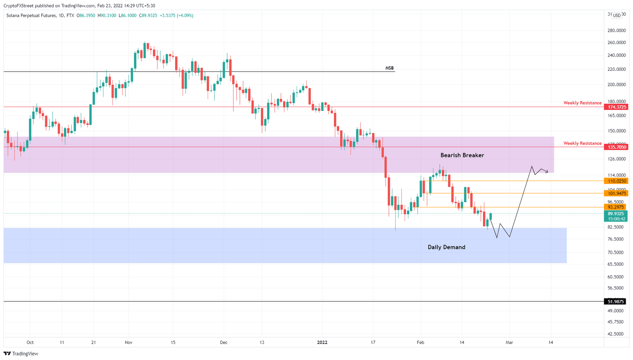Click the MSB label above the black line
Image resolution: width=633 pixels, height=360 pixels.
(x=389, y=68)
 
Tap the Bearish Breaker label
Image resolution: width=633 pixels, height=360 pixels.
(x=462, y=155)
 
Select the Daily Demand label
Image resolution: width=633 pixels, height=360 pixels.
(x=446, y=247)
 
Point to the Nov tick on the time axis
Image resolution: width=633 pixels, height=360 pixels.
(x=128, y=342)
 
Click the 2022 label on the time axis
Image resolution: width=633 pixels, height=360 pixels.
(x=322, y=342)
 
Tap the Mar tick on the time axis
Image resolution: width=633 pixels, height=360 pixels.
(x=509, y=342)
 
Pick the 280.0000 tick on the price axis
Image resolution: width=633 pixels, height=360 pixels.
(x=617, y=30)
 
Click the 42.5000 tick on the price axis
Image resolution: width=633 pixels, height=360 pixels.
(x=617, y=334)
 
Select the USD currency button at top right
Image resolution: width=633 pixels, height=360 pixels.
(x=617, y=15)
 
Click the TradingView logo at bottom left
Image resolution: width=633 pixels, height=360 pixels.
(x=21, y=353)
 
